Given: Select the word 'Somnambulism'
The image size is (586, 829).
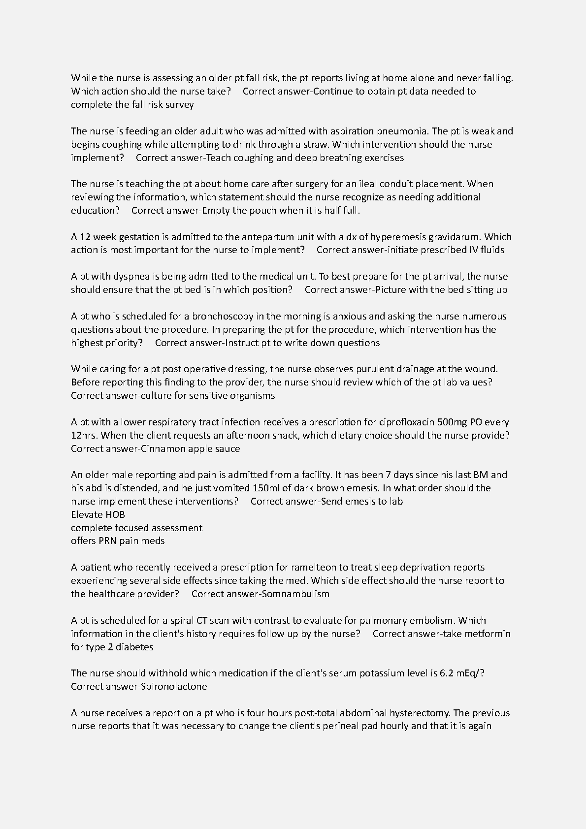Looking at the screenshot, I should (295, 594).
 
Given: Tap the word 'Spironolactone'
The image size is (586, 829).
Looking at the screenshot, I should (174, 686).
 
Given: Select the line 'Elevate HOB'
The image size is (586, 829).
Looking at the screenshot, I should (98, 514).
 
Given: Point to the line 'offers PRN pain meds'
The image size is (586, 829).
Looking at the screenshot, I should (118, 541).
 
